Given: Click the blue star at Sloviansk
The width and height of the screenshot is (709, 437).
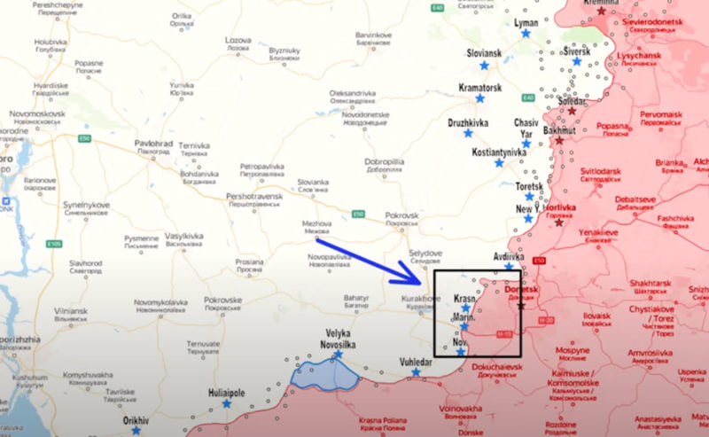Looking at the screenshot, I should (485, 66).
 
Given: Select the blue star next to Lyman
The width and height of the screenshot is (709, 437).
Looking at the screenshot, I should (526, 33).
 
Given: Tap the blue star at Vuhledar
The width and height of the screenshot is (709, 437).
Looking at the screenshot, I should (416, 373).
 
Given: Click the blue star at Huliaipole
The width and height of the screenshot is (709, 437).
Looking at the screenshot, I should (227, 403).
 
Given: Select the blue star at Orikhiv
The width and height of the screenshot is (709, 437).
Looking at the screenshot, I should (136, 431).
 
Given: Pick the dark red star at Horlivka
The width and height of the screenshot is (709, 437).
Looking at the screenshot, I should (558, 222).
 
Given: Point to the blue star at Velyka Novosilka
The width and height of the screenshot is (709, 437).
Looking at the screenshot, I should (338, 355).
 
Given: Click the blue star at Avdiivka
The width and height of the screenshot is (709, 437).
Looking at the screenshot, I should (509, 267).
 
